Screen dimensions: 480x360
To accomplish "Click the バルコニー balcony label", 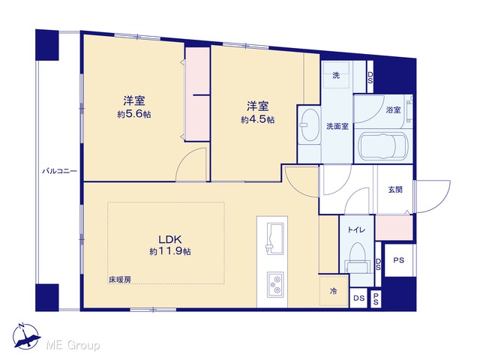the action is pyautogui.click(x=59, y=171).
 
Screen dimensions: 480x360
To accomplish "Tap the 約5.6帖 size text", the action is pyautogui.click(x=134, y=115).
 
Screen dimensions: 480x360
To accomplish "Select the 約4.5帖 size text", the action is pyautogui.click(x=258, y=120).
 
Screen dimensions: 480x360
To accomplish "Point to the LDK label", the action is pyautogui.click(x=170, y=238).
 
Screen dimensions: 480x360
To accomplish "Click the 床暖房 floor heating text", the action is pyautogui.click(x=120, y=279).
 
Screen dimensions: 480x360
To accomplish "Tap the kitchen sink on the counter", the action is pyautogui.click(x=275, y=238).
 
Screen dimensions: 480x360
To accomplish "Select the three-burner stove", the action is pyautogui.click(x=275, y=284).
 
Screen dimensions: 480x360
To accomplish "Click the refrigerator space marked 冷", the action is pyautogui.click(x=333, y=291).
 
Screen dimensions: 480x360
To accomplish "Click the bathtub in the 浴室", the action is pyautogui.click(x=383, y=146).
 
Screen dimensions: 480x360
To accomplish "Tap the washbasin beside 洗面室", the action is pyautogui.click(x=310, y=125).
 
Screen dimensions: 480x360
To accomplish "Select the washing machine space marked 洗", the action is pyautogui.click(x=336, y=75).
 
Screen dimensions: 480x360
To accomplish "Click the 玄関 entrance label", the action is pyautogui.click(x=395, y=190).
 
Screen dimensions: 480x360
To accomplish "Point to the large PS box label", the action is pyautogui.click(x=398, y=260).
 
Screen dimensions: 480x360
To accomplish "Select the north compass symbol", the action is pyautogui.click(x=26, y=337).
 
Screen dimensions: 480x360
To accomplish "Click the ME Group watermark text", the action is pyautogui.click(x=73, y=346).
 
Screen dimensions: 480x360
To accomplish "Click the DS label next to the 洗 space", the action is pyautogui.click(x=370, y=78).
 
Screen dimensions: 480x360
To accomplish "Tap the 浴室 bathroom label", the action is pyautogui.click(x=393, y=110).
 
